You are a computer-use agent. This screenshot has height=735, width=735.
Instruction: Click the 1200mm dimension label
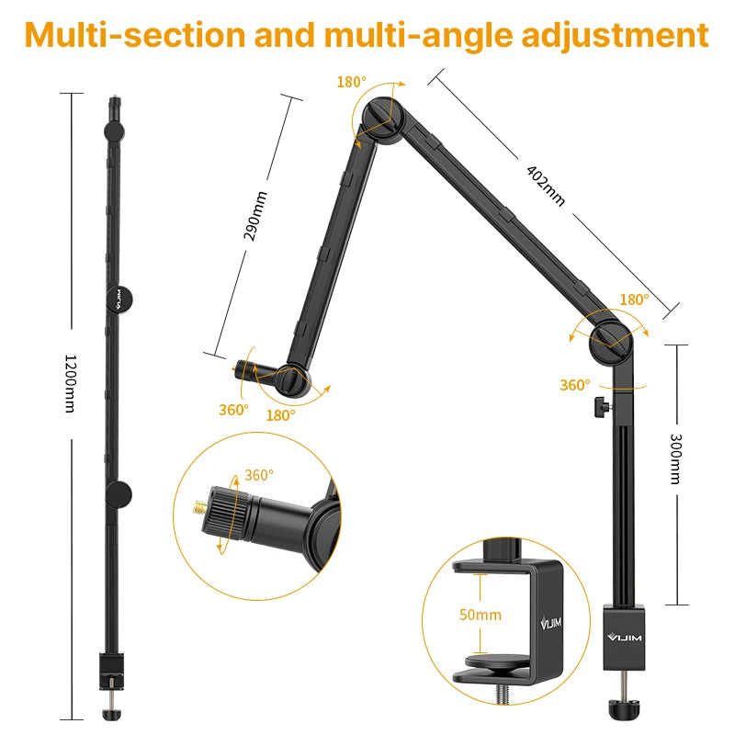(70, 383)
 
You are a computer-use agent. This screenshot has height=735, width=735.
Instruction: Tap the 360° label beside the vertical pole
(575, 385)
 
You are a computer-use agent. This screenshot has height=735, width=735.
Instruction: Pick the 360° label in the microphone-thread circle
(259, 476)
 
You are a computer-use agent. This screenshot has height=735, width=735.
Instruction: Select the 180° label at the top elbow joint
(351, 82)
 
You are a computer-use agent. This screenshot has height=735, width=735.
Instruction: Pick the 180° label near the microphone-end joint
(280, 415)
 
